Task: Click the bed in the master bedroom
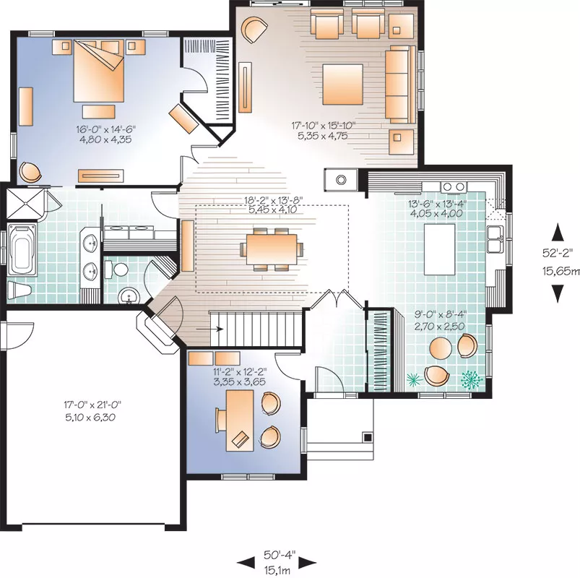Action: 99,70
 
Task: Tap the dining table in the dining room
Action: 272,249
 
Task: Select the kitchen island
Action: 439,249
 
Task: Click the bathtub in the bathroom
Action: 22,249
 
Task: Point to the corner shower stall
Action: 25,203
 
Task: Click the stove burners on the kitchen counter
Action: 454,187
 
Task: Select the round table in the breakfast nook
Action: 441,348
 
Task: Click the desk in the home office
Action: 240,420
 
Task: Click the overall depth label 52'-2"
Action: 558,253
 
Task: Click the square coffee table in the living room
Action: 342,85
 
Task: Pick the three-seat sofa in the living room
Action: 400,85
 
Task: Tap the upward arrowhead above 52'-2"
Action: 558,233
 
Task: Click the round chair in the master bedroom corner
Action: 30,172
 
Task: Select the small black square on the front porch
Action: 368,437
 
